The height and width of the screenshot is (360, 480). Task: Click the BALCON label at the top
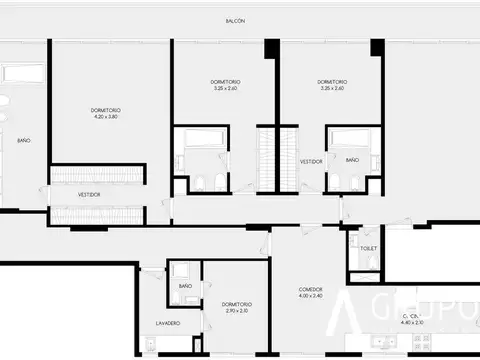(235, 20)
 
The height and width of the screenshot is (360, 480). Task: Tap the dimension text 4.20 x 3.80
(105, 117)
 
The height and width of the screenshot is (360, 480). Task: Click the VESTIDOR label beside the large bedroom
(90, 194)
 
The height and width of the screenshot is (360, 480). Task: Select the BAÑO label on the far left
(23, 140)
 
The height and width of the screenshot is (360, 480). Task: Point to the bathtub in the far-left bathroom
(23, 74)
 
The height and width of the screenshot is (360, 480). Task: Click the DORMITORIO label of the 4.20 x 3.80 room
(105, 110)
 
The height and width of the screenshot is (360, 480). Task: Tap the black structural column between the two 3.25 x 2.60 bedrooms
(271, 50)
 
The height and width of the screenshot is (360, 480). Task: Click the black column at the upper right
(377, 47)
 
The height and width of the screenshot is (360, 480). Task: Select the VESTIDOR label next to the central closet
(311, 160)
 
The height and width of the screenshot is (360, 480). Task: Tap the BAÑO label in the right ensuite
(352, 160)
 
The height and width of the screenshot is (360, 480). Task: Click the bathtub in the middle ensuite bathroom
(201, 137)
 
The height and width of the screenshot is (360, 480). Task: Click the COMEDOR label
(311, 289)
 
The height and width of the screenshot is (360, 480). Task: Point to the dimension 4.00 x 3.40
(311, 296)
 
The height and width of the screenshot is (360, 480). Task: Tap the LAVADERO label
(167, 323)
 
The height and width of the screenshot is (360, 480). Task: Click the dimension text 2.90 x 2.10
(236, 311)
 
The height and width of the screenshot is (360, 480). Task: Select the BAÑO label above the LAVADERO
(185, 287)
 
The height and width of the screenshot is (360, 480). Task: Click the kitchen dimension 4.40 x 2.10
(411, 322)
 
